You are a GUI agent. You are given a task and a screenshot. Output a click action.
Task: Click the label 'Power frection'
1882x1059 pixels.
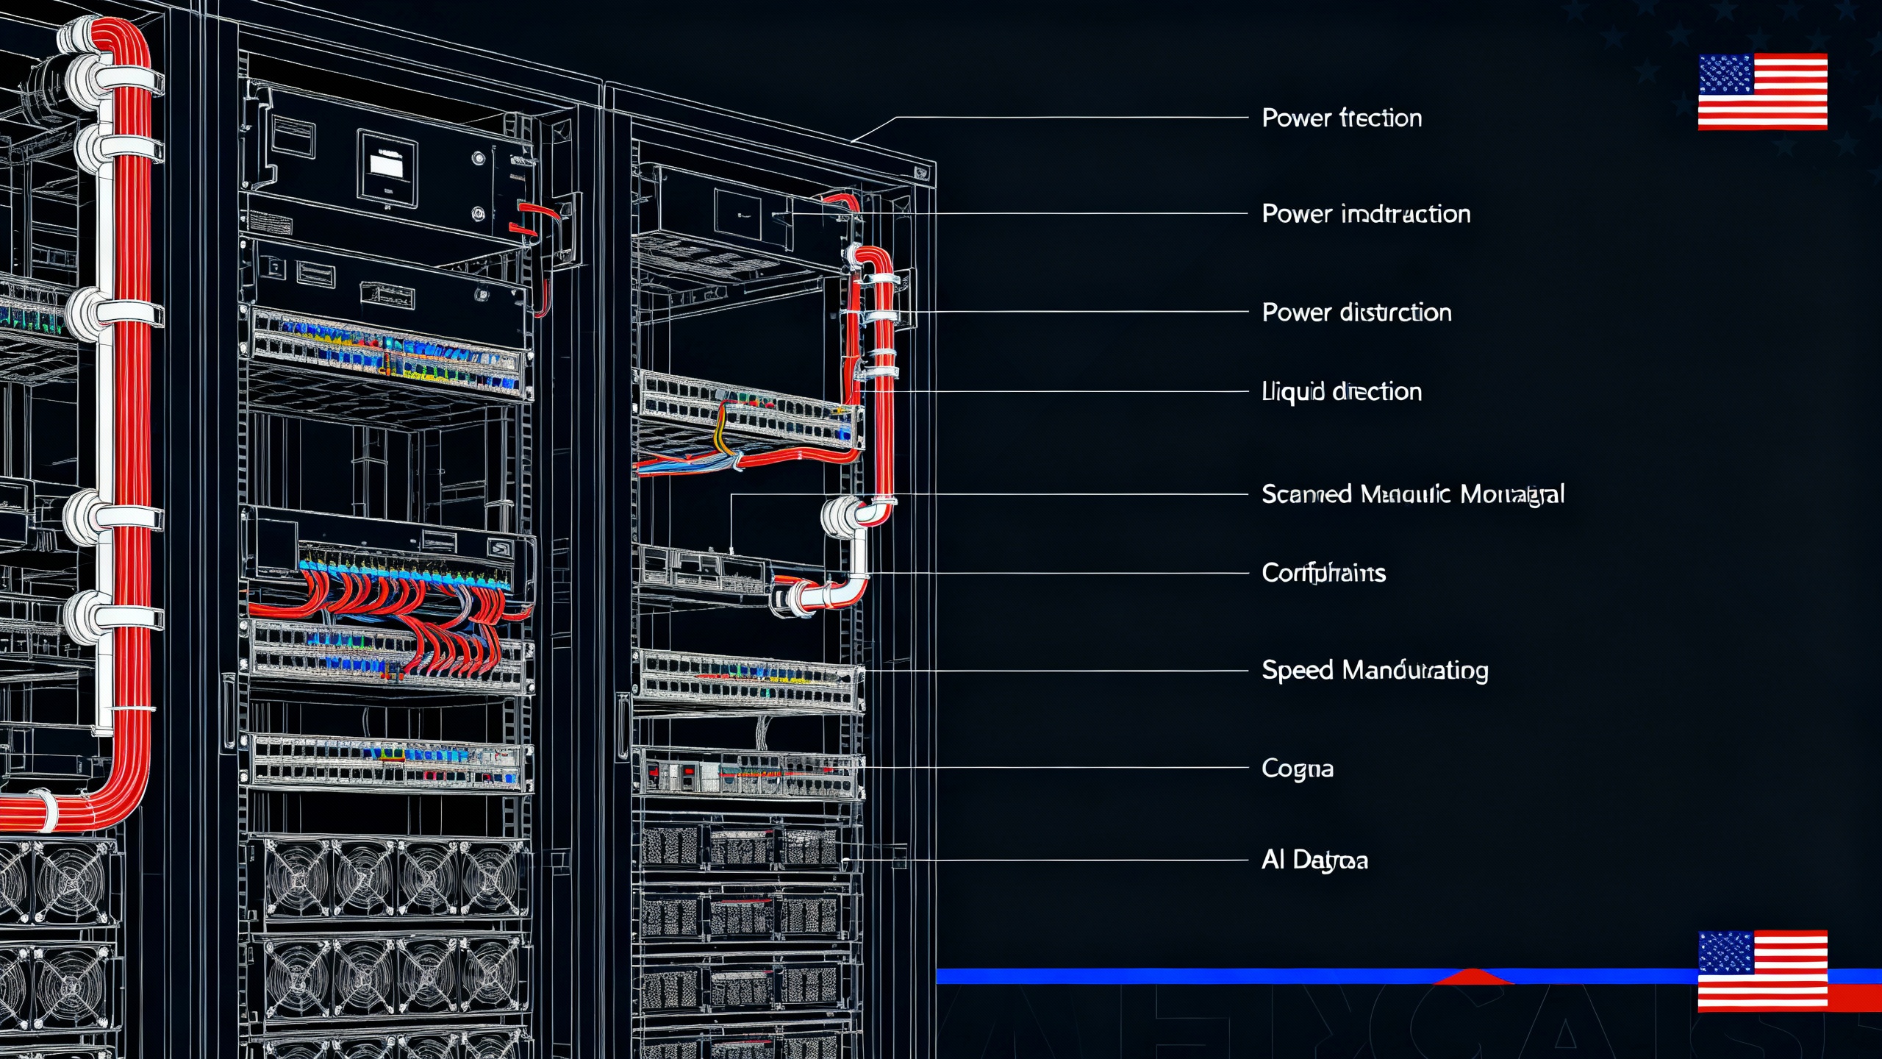point(1342,118)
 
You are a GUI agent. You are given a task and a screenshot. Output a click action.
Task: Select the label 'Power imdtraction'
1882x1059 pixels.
point(1366,214)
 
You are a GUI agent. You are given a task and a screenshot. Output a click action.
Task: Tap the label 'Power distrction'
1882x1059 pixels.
point(1356,313)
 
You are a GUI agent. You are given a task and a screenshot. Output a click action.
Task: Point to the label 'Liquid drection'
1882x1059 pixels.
point(1342,391)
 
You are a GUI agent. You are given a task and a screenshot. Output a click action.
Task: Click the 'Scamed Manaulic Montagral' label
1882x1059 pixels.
point(1412,494)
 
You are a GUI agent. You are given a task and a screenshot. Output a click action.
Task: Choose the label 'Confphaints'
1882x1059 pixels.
point(1323,573)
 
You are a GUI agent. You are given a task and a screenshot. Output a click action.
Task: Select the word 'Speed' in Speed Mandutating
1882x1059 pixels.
point(1298,671)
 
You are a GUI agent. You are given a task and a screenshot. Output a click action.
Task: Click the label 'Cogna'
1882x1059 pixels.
point(1297,769)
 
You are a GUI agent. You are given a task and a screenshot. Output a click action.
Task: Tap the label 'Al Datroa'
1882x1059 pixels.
point(1314,860)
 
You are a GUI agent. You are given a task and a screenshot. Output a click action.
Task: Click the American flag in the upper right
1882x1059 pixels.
point(1762,91)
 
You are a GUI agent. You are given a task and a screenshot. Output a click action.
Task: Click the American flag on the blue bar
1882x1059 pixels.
point(1762,970)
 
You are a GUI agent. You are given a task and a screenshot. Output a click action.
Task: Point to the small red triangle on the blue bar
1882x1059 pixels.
point(1473,977)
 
